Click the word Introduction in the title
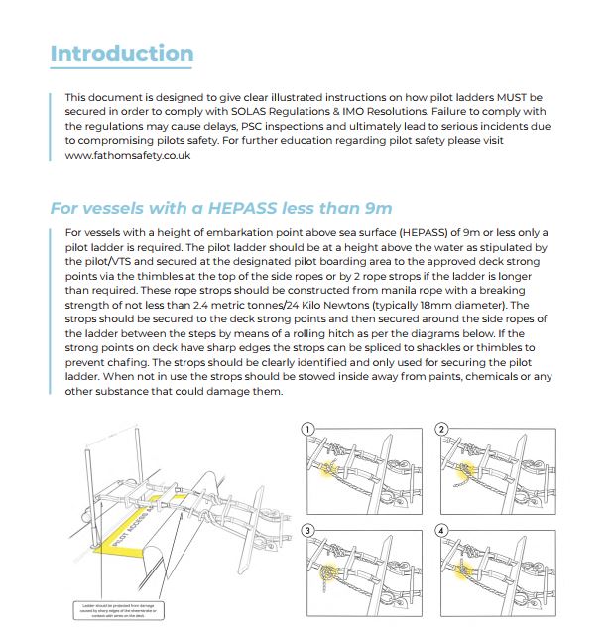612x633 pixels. (x=122, y=53)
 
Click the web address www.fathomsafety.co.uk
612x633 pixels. (x=128, y=156)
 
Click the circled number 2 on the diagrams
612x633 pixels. (x=440, y=430)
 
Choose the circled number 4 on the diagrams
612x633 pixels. (x=440, y=531)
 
